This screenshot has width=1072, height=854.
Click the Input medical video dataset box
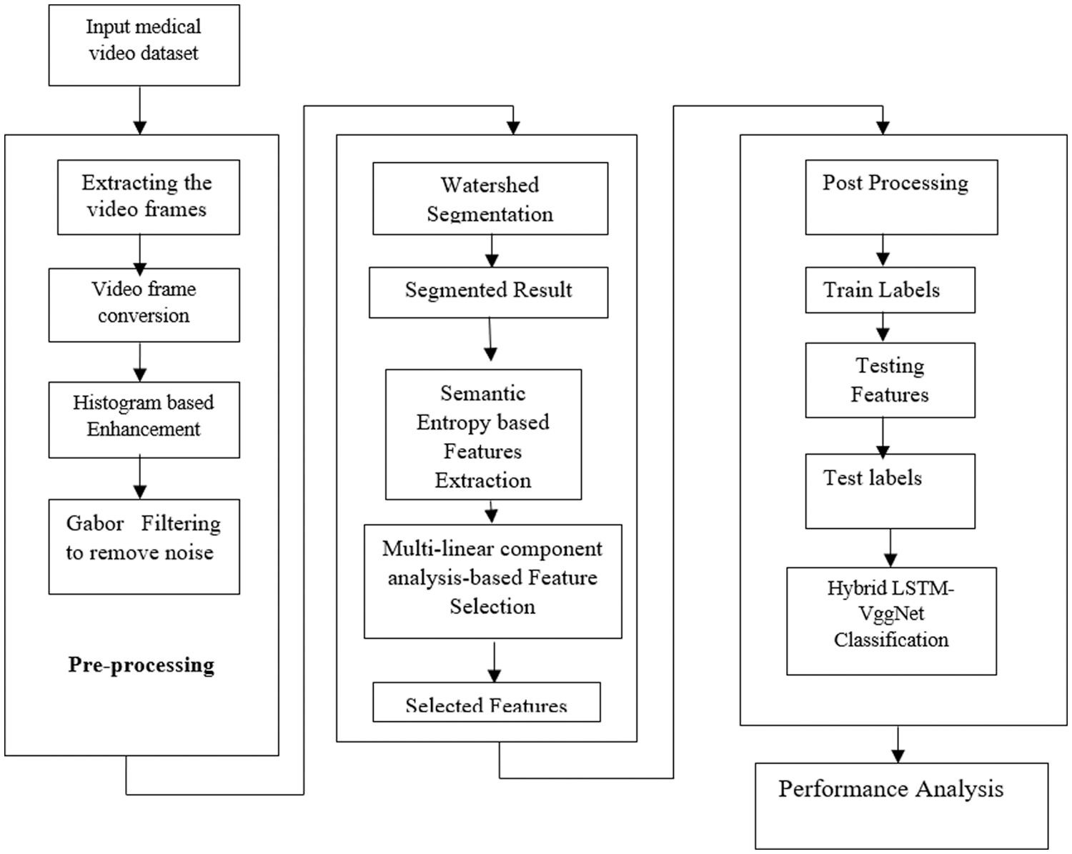tap(144, 44)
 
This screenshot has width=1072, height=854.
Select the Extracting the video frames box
tap(148, 197)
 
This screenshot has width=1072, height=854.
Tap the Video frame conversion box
tap(144, 304)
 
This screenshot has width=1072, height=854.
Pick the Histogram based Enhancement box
tap(144, 419)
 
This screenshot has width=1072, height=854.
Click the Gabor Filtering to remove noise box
tap(144, 546)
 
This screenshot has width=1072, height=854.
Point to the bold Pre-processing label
tap(142, 665)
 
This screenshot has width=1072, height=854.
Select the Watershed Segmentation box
tap(490, 199)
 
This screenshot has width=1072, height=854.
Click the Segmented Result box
tap(488, 292)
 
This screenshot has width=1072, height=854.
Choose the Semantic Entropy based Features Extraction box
tap(483, 435)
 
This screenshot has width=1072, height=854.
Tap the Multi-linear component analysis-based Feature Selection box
tap(492, 580)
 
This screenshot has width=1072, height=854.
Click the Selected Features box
tap(486, 702)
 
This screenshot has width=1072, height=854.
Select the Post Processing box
tap(901, 197)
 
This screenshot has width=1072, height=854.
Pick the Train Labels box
tap(890, 290)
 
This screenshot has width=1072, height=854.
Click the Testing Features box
tap(890, 380)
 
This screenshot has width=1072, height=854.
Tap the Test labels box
tap(890, 491)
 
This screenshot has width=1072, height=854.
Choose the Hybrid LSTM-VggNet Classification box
tap(891, 620)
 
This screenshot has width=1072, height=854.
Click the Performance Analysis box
tap(901, 805)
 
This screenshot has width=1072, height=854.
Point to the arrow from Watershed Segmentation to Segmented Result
tap(492, 251)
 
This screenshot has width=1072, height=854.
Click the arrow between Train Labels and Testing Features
tap(883, 327)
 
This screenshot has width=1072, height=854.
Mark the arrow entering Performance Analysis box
tap(898, 745)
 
